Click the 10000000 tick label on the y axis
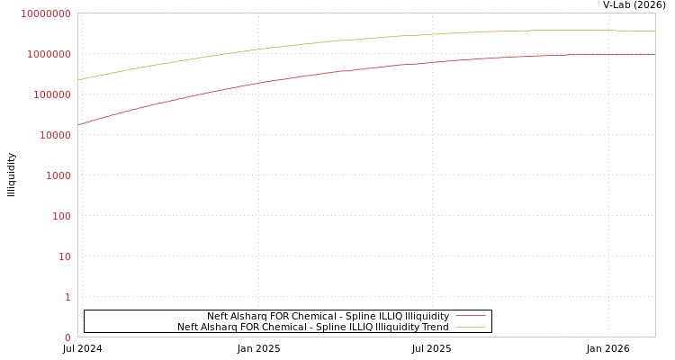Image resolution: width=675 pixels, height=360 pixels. pyautogui.click(x=46, y=13)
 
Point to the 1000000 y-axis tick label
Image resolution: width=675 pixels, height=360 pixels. pyautogui.click(x=49, y=54)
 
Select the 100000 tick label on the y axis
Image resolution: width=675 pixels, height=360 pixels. pyautogui.click(x=51, y=94)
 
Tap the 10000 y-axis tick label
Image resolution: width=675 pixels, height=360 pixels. pyautogui.click(x=54, y=135)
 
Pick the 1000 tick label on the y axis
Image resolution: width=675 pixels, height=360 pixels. pyautogui.click(x=58, y=175)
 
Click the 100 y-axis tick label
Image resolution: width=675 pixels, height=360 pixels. pyautogui.click(x=60, y=216)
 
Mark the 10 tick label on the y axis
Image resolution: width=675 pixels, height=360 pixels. pyautogui.click(x=65, y=256)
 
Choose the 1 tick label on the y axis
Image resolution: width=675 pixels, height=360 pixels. pyautogui.click(x=67, y=297)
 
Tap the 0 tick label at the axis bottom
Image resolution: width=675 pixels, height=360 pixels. pyautogui.click(x=67, y=337)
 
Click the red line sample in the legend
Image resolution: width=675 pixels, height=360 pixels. pyautogui.click(x=471, y=316)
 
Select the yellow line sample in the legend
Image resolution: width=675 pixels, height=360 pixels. pyautogui.click(x=471, y=327)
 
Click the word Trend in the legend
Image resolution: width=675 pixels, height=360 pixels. pyautogui.click(x=435, y=327)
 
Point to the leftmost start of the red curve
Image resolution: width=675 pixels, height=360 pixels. pyautogui.click(x=78, y=125)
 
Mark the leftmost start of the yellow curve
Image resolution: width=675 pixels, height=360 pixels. pyautogui.click(x=78, y=80)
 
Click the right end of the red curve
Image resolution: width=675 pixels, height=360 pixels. pyautogui.click(x=654, y=55)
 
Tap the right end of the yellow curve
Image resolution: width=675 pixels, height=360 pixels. pyautogui.click(x=654, y=31)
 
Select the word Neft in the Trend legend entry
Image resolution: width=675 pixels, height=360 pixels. pyautogui.click(x=187, y=327)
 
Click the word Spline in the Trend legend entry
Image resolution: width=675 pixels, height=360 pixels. pyautogui.click(x=326, y=327)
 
